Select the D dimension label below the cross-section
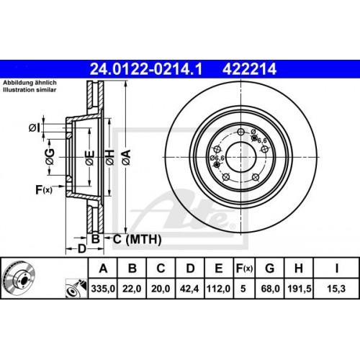click(82, 248)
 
